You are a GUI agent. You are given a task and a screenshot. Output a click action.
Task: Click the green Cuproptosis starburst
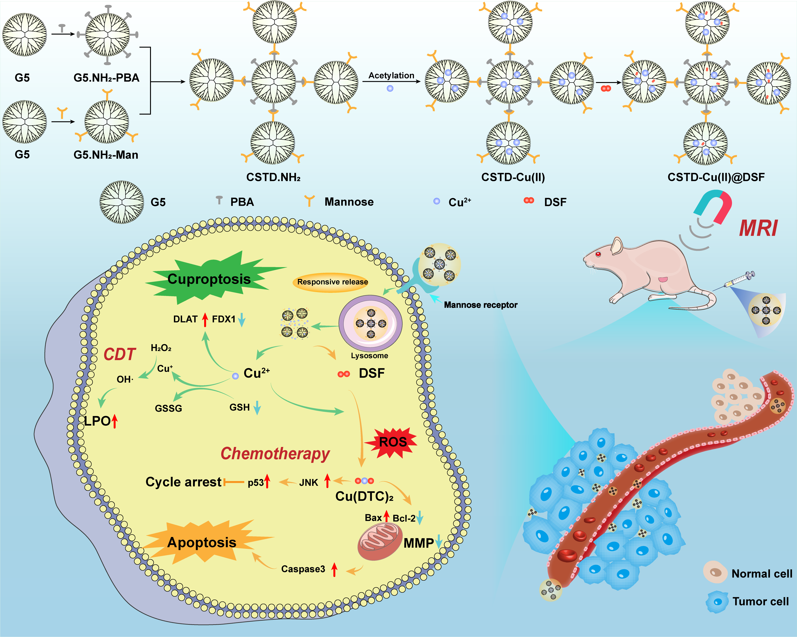click(209, 279)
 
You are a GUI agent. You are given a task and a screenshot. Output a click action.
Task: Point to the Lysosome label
click(369, 356)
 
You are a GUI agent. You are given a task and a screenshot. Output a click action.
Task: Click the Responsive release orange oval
click(332, 282)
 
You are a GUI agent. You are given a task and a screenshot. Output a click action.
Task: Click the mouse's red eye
click(598, 254)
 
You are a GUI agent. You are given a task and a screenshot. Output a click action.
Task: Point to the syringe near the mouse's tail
click(739, 279)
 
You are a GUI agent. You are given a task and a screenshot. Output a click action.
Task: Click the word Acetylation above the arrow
click(391, 75)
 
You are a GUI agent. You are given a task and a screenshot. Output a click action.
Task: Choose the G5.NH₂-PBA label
click(106, 78)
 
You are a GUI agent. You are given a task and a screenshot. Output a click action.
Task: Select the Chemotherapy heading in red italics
click(275, 453)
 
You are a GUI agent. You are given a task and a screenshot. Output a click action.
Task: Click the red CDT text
click(119, 354)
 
